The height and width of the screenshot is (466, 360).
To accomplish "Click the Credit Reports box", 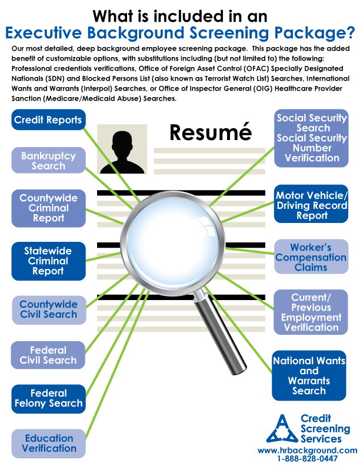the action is tap(48, 120).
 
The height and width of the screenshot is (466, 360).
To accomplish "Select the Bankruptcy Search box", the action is tap(48, 161).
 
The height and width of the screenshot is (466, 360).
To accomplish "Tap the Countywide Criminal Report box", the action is tap(48, 208).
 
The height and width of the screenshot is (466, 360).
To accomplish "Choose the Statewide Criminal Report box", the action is tap(48, 261).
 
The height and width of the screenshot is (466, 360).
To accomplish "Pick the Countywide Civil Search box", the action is tap(49, 309).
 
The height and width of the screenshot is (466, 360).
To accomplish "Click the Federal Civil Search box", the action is tap(48, 355).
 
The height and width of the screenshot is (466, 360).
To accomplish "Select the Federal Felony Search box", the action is tap(48, 398).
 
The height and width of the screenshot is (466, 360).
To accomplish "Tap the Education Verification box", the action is tap(48, 444).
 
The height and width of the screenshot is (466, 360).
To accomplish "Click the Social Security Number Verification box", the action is tap(311, 138).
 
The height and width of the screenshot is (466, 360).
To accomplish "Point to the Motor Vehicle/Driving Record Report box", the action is tap(311, 204).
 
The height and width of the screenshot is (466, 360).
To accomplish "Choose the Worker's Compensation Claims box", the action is tap(311, 257).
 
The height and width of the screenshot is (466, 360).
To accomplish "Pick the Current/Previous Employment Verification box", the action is tap(311, 312).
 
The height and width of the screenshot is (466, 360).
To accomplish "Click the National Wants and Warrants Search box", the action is tap(309, 375).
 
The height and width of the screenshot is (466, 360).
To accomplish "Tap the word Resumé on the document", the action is tap(211, 132).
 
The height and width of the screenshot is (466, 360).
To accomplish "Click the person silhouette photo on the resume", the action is tap(122, 149).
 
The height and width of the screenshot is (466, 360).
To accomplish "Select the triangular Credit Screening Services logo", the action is tap(282, 428).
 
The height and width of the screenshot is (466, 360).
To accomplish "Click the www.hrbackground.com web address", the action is tap(308, 451).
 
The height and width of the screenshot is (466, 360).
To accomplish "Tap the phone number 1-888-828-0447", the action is tap(308, 459).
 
